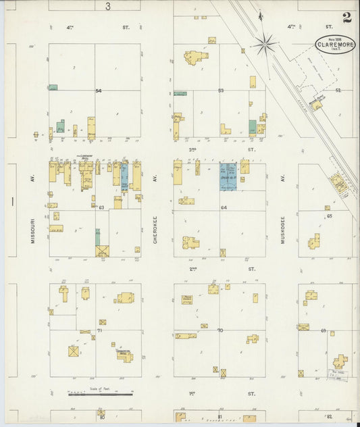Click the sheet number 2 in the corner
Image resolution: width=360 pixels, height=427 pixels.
coord(346,18)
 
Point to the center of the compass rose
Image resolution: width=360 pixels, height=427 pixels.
coord(264,45)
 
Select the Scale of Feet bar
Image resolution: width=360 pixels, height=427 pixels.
coord(100,393)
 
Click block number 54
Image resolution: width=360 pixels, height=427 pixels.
coord(98,91)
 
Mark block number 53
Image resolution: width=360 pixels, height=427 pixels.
coord(220,91)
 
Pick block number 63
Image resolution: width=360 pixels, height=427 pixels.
coord(101,208)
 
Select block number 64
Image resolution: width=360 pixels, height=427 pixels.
coord(224,208)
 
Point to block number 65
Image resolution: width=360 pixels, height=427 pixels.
coord(330,216)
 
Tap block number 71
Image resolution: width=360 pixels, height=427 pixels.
coord(99,330)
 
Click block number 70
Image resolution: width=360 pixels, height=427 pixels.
coord(220,330)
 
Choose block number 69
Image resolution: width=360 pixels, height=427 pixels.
coord(324,330)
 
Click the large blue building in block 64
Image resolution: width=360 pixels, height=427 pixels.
coord(228,176)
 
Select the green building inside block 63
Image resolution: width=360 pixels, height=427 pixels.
coord(97,236)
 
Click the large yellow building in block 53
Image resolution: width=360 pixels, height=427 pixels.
coord(196,58)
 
